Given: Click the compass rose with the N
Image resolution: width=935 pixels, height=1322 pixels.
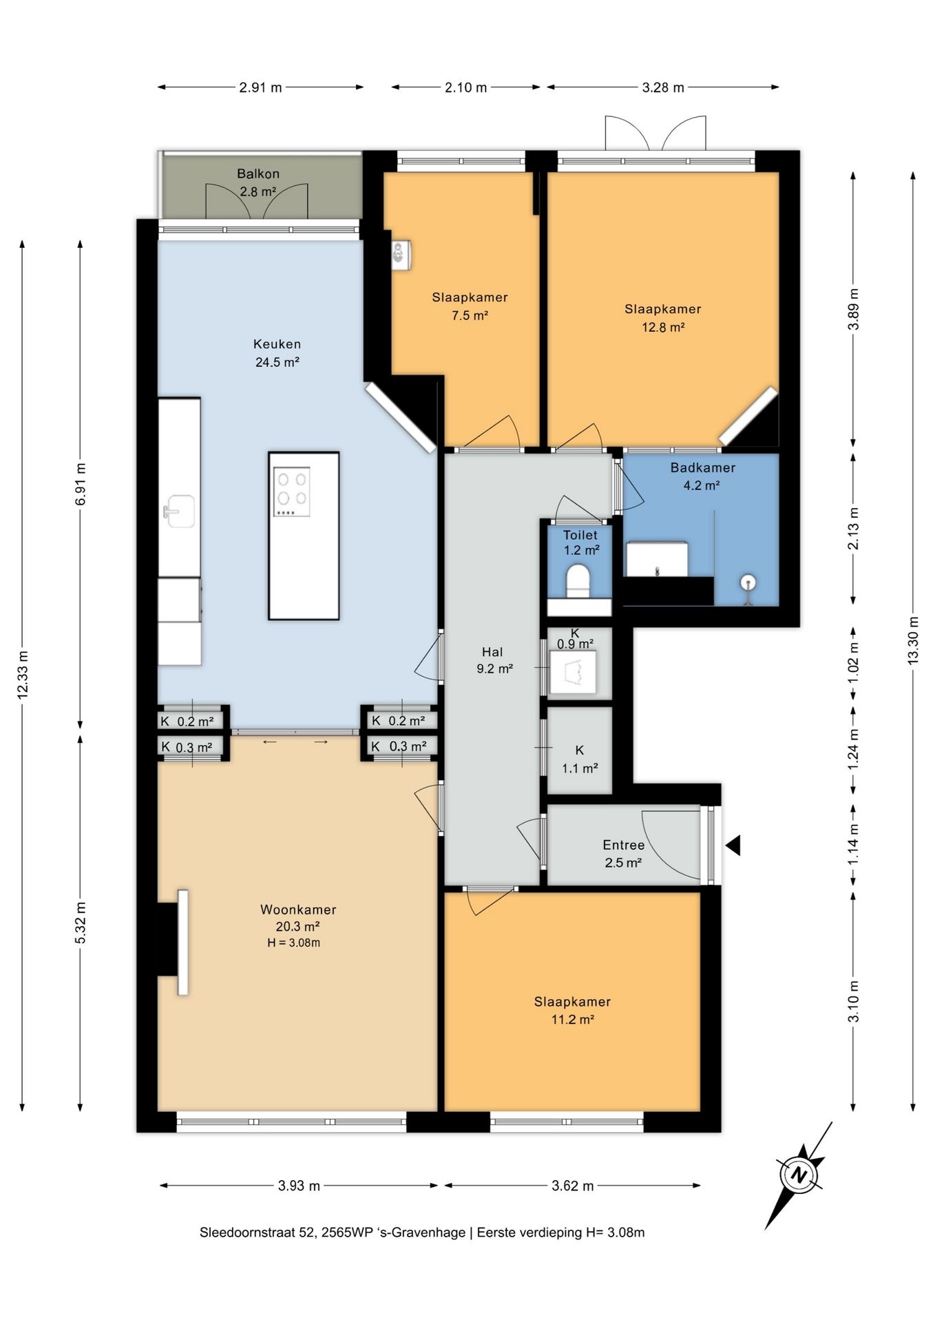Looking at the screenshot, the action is click(x=799, y=1175).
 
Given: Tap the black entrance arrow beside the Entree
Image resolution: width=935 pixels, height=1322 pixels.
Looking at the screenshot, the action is click(x=733, y=845).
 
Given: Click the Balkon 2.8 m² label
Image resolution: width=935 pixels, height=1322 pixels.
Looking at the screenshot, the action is click(x=258, y=183).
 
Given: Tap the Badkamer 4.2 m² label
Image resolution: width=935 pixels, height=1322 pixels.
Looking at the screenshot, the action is click(x=702, y=476).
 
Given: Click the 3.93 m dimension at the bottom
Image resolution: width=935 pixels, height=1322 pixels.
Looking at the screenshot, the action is click(x=299, y=1186).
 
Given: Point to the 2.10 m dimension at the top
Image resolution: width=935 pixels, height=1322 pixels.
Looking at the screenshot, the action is click(x=466, y=87).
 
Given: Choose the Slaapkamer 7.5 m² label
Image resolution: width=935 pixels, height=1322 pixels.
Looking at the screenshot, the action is click(x=470, y=306).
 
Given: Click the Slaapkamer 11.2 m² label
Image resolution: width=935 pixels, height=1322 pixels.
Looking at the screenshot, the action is click(x=572, y=1011).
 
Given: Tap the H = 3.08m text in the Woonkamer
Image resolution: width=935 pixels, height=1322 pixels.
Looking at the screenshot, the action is click(x=294, y=943).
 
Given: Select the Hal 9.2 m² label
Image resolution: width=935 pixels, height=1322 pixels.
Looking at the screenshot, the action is click(x=494, y=660).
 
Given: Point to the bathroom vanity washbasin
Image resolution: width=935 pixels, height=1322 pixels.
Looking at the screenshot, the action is click(x=657, y=559).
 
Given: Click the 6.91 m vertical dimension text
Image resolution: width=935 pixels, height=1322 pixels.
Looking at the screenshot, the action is click(x=81, y=484).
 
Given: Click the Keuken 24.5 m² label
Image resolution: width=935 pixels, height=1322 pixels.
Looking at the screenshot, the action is click(x=277, y=353).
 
